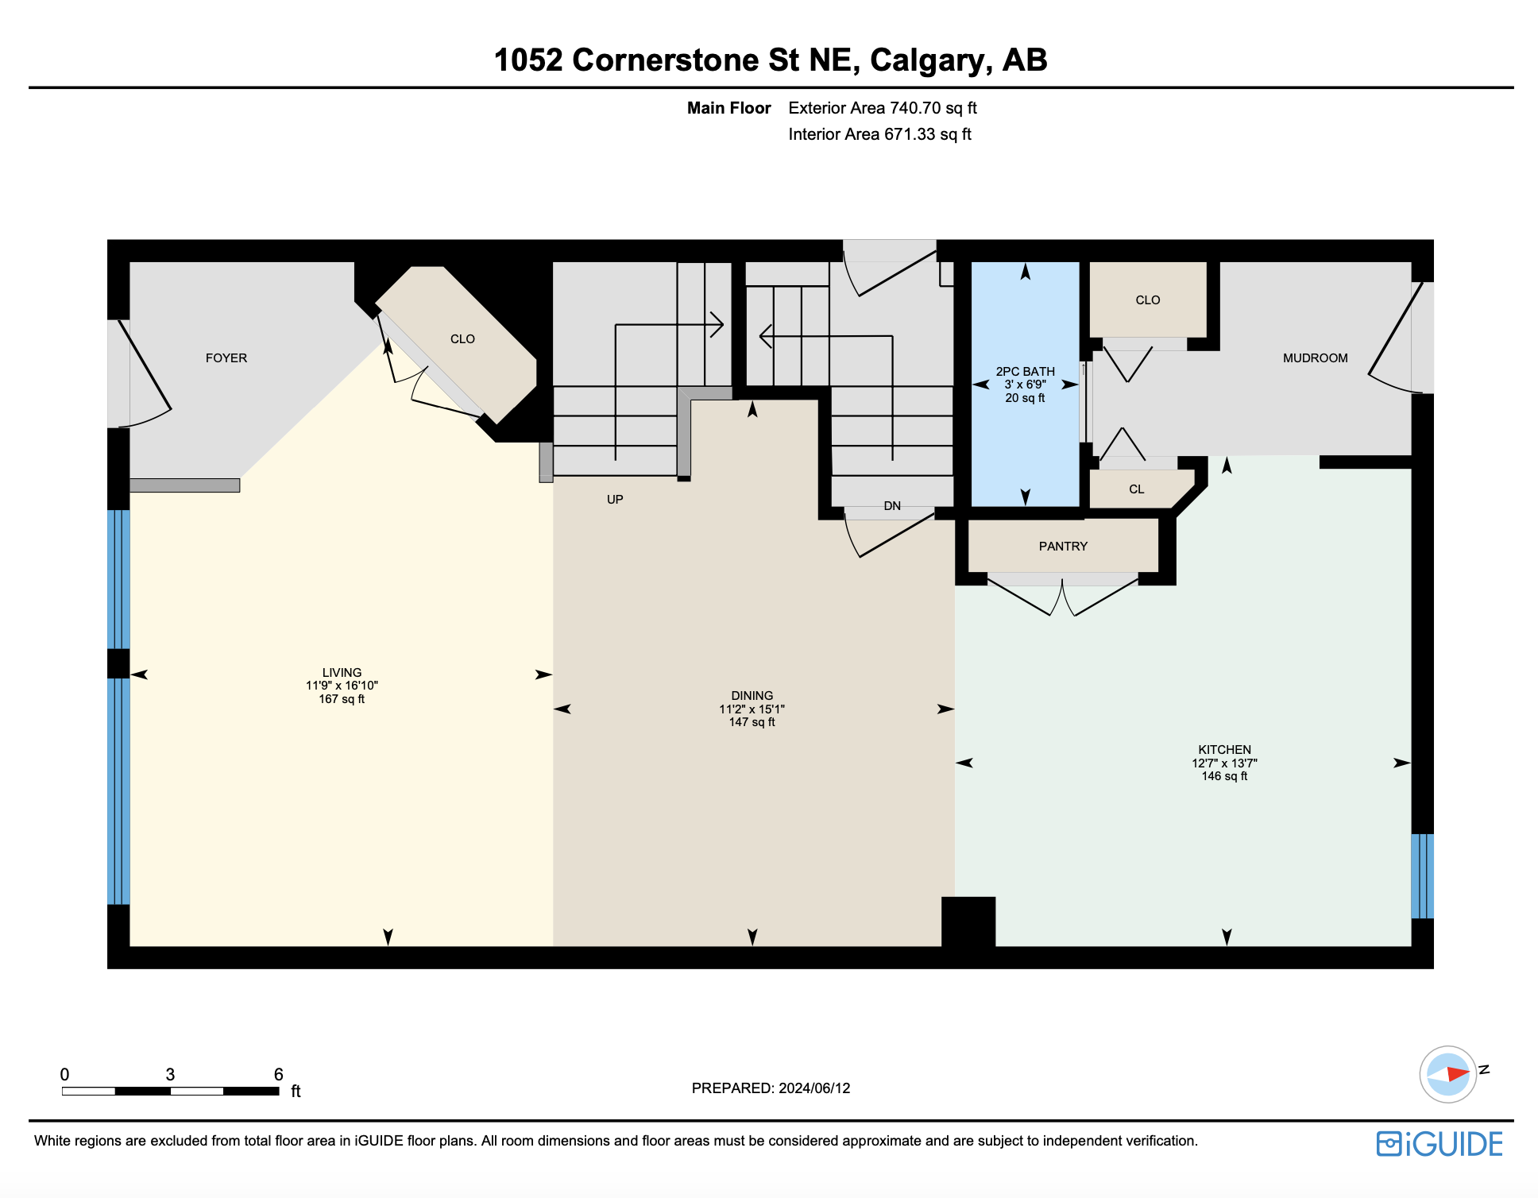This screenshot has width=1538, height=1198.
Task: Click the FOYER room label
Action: coord(226,358)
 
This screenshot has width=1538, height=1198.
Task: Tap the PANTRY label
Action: coord(1063,547)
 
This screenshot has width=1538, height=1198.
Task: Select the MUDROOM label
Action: coord(1315,358)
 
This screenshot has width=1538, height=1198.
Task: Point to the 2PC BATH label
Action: coord(1025,372)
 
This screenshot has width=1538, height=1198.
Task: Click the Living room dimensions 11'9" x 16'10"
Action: coord(342,686)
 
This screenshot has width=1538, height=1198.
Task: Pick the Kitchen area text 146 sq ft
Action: coord(1224,776)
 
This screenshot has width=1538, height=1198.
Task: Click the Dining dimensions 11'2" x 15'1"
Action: coord(752,709)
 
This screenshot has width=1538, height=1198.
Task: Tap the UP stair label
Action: coord(615,500)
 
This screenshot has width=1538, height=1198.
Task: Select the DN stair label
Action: coord(892,506)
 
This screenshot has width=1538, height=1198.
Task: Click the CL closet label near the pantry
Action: coord(1137,489)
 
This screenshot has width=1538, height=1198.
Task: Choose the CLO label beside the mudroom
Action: coord(1148,300)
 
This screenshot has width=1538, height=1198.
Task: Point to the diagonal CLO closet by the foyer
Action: coord(462,339)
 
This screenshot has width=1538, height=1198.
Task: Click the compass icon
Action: coord(1448,1074)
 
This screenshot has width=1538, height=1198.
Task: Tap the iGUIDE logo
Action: coord(1439,1144)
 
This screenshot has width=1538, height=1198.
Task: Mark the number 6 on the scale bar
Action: coord(278,1074)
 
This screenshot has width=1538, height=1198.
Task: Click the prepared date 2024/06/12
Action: coord(814,1088)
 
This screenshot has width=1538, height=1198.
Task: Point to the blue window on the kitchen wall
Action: coord(1422,876)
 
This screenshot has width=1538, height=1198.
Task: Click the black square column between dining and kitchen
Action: coord(968,922)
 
